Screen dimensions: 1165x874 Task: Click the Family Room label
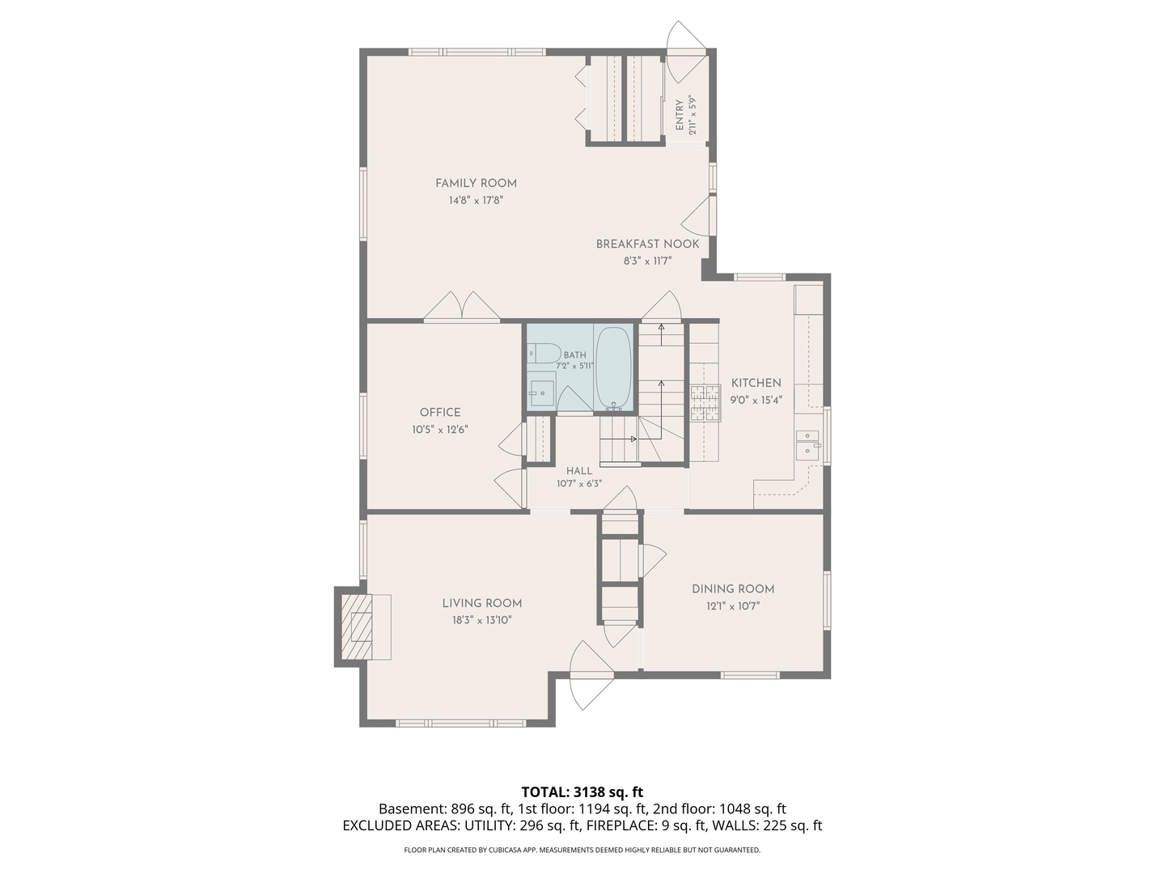tap(476, 183)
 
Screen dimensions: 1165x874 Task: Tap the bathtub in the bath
tap(613, 368)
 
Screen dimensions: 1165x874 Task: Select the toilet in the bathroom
tap(544, 353)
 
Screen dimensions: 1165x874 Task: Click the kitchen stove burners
tap(705, 403)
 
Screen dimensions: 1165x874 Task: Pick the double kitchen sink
tap(807, 445)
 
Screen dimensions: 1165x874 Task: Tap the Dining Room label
tap(732, 588)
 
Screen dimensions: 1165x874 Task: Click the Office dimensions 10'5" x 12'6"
tap(440, 429)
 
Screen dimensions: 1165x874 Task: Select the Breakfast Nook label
tap(647, 244)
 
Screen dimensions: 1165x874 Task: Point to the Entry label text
tap(680, 115)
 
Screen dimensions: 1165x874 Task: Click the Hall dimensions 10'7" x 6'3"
tap(579, 483)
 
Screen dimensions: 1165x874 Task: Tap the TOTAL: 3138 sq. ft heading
tap(582, 791)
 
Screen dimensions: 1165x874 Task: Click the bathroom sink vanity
tap(541, 391)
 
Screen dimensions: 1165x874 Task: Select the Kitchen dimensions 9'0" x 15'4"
tap(756, 400)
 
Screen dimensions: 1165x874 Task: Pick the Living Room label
tap(482, 603)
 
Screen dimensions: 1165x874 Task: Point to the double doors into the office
tap(461, 306)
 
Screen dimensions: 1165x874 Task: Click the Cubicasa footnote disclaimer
tap(582, 850)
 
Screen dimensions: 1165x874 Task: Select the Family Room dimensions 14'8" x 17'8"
tap(476, 200)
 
